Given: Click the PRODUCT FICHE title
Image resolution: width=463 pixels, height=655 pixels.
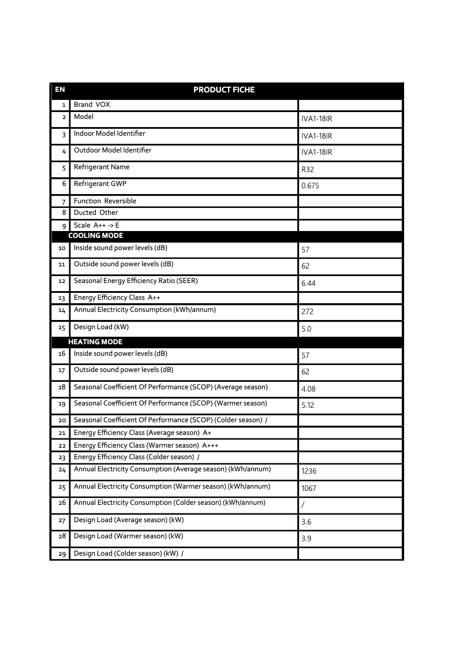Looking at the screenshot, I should pos(223,90).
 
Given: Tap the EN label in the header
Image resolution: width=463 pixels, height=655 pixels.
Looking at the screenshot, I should pos(59,90).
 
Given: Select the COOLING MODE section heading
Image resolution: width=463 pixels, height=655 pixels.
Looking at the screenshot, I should pos(95,236).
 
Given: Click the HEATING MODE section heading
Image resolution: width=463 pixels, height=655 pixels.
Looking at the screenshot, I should pos(95,342).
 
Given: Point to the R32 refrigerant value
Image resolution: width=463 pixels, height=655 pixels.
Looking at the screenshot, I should pos(308,170).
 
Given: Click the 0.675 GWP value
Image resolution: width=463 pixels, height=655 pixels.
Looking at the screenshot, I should pos(310,186).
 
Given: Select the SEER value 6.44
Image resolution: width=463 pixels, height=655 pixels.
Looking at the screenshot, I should pos(308,284).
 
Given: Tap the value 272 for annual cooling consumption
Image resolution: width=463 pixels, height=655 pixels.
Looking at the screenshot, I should pos(307,311).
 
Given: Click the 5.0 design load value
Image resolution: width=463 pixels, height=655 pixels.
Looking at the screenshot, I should pos(307,329).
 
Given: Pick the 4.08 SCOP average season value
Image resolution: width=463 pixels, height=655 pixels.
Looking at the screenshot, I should pos(308,389).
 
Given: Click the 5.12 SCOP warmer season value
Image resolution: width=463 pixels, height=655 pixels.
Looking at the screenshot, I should pos(308,405).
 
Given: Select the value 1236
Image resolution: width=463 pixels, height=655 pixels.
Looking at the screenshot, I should pos(309,471).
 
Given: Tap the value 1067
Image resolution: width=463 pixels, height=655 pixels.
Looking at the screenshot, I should pos(309,489).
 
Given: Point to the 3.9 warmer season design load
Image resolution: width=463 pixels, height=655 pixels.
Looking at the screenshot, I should pos(306,538).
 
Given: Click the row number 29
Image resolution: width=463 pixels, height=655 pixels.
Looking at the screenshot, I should pos(62,554).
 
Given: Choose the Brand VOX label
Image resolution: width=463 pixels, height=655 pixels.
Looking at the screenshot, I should pos(92,105).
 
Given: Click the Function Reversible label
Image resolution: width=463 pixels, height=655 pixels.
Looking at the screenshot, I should pos(105,201).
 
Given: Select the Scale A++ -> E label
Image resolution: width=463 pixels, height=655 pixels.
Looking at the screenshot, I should pos(96,225).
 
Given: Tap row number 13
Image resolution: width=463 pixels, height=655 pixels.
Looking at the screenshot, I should pos(62,298).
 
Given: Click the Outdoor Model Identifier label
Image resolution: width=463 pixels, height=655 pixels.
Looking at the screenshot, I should pos(113,150).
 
